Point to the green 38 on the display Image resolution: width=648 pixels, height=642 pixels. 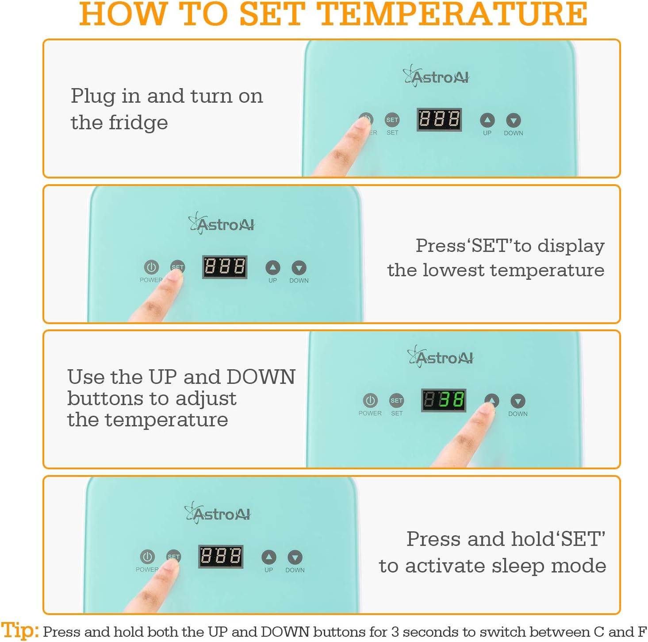(451, 400)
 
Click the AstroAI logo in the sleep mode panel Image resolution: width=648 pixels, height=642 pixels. (218, 514)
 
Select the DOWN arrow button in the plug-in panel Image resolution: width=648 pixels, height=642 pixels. (513, 120)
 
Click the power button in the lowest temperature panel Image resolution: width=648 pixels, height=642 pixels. (151, 267)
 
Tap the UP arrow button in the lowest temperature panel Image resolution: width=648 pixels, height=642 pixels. (272, 267)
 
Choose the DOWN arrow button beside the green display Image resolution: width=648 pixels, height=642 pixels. (518, 401)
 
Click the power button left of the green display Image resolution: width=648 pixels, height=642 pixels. (370, 400)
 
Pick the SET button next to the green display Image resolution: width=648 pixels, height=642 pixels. (397, 400)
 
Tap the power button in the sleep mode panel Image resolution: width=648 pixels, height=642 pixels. (147, 557)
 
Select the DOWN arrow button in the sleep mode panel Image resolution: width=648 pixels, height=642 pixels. (295, 557)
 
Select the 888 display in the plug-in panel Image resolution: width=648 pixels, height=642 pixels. (439, 120)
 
